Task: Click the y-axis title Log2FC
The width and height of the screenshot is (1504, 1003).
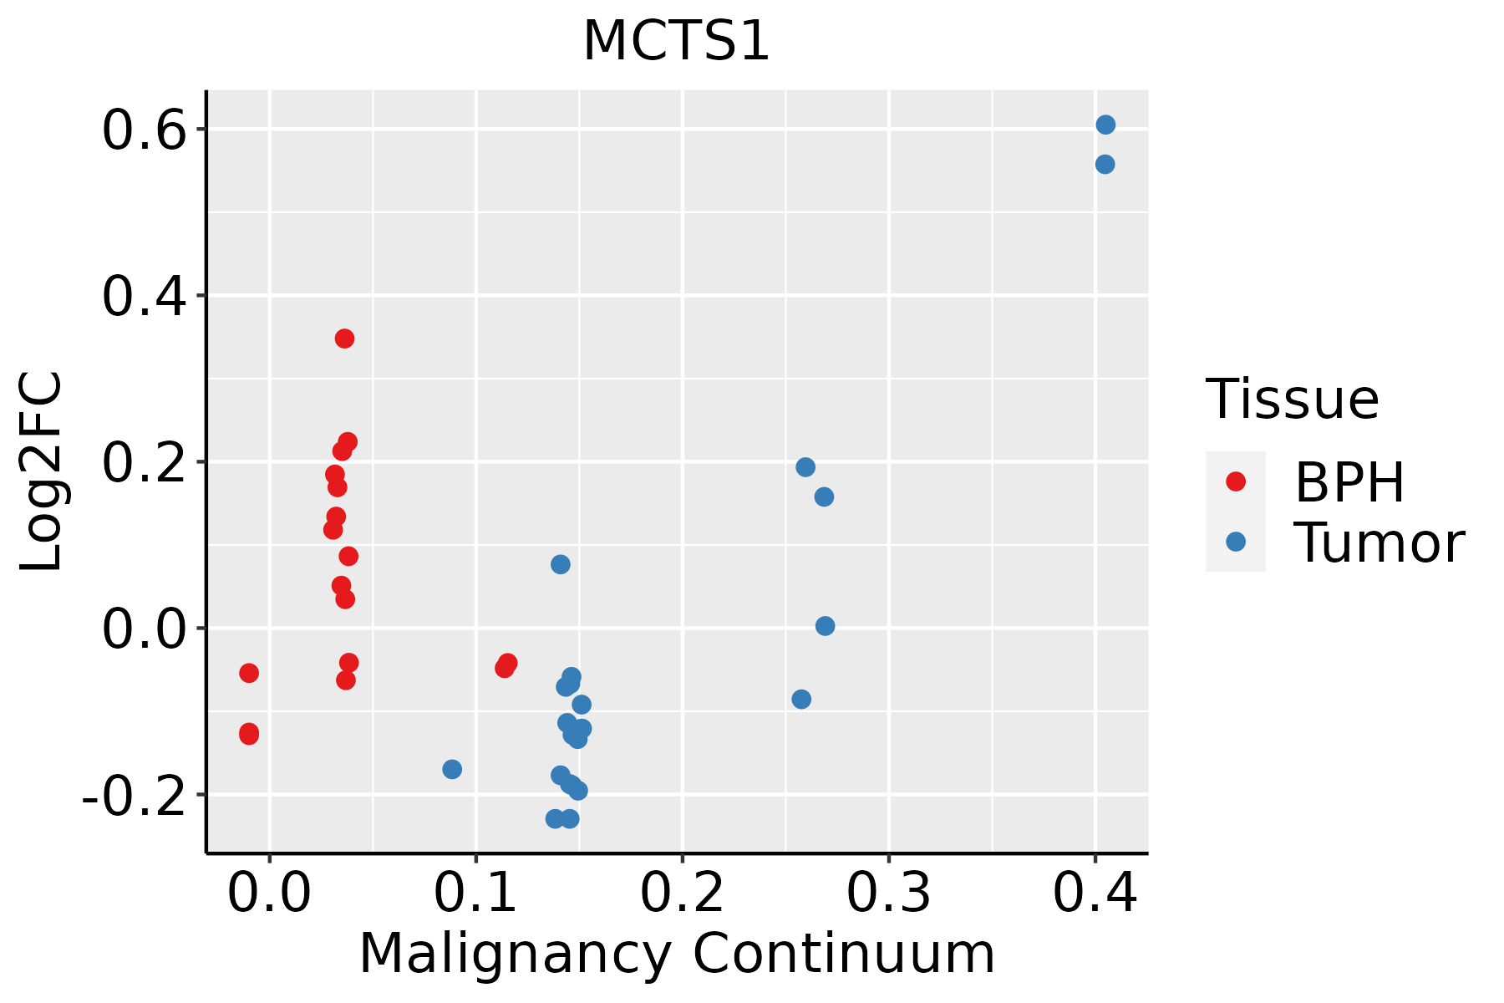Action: click(42, 472)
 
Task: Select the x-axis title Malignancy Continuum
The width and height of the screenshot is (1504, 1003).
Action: click(677, 954)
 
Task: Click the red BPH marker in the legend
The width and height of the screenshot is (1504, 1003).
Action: click(1235, 481)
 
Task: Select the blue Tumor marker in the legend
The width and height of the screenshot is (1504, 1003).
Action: click(1235, 542)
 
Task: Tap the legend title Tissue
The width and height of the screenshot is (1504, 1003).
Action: click(1292, 400)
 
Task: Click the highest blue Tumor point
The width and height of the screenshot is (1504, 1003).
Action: click(1105, 125)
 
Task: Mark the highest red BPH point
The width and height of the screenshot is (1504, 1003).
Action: click(344, 339)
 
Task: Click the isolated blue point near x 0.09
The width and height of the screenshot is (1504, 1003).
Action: click(452, 769)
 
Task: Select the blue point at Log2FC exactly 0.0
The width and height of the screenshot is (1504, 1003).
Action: click(825, 626)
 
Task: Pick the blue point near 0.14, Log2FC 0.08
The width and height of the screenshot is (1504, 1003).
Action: click(561, 564)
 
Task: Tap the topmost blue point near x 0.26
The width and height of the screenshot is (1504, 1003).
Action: click(805, 467)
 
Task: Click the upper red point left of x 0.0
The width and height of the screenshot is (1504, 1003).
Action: click(249, 673)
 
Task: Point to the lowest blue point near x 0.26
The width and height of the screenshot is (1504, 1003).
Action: click(801, 699)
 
